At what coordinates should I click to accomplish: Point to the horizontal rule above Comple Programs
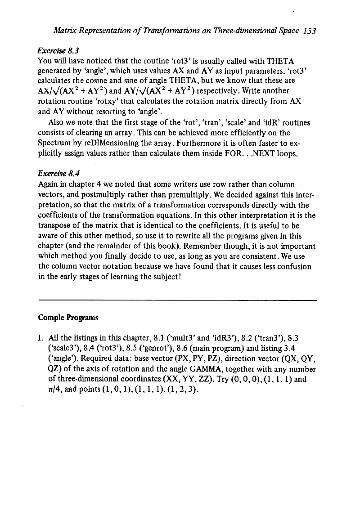tap(179, 300)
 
